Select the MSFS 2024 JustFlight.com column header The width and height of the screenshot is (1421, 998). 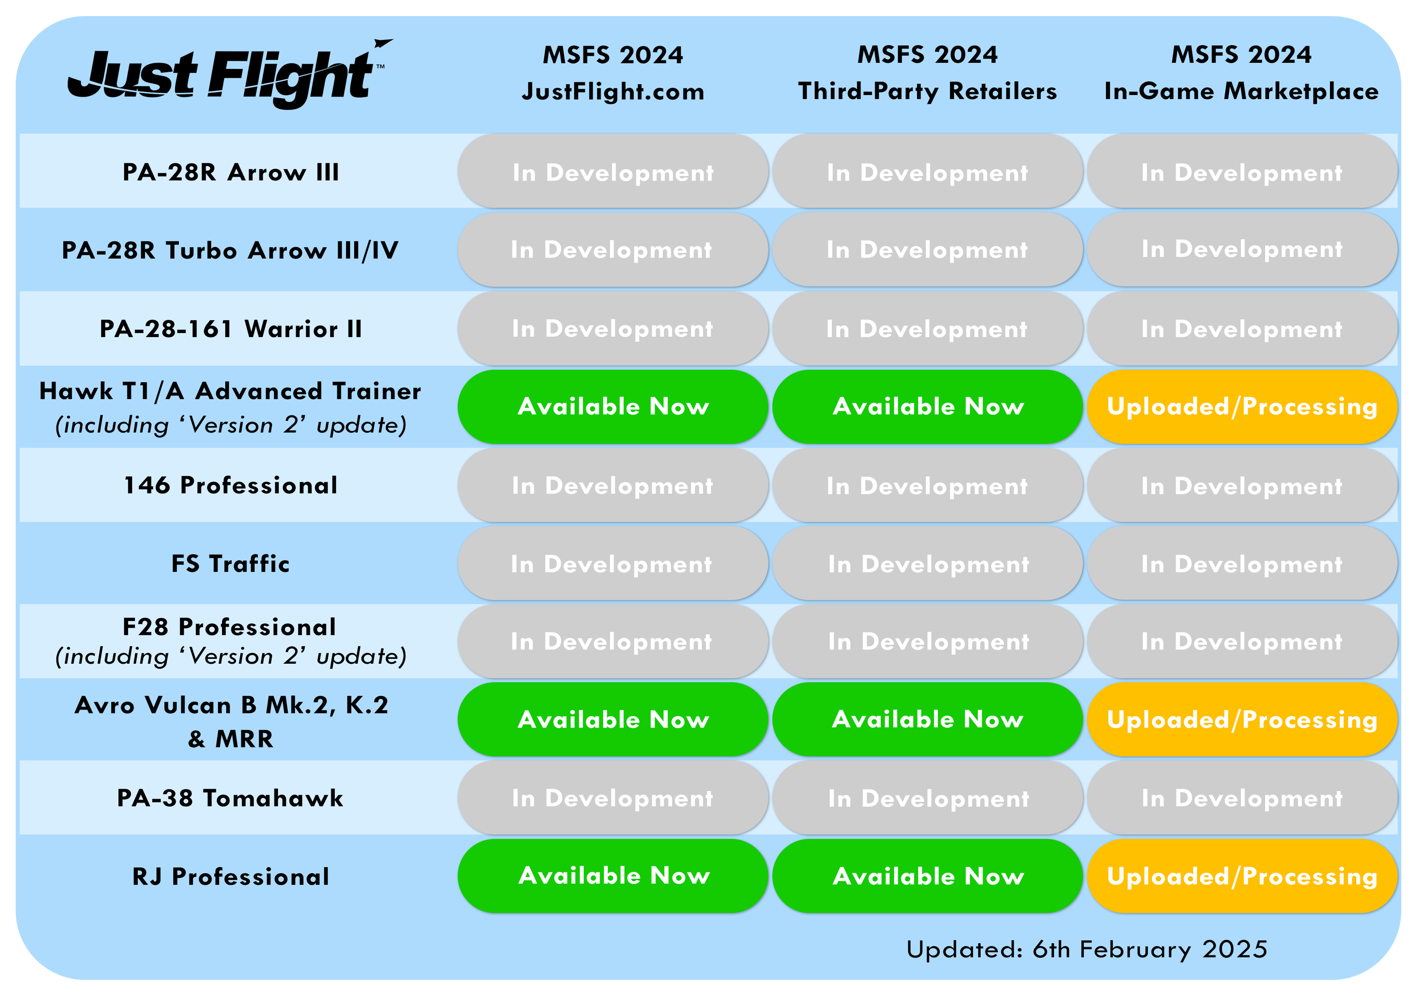click(613, 73)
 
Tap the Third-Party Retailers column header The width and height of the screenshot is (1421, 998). click(927, 73)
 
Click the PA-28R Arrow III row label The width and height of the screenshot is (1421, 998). click(230, 172)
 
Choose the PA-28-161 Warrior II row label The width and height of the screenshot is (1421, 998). click(230, 328)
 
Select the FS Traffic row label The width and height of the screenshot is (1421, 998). click(230, 563)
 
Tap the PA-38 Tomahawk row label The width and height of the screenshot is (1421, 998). click(230, 798)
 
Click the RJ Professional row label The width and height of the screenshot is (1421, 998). click(230, 877)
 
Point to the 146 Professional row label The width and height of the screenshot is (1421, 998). click(230, 485)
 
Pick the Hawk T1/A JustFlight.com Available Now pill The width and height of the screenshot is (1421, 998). click(613, 406)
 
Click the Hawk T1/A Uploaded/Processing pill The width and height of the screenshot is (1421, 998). click(1242, 406)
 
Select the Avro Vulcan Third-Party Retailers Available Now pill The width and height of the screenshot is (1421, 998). click(927, 720)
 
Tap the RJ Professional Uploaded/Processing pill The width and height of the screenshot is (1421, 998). click(1242, 876)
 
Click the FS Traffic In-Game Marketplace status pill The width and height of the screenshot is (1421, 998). click(1242, 563)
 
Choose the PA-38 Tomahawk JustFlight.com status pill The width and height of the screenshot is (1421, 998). click(613, 798)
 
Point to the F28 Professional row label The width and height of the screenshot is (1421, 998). click(230, 641)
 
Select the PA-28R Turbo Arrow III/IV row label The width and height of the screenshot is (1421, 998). click(230, 250)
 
